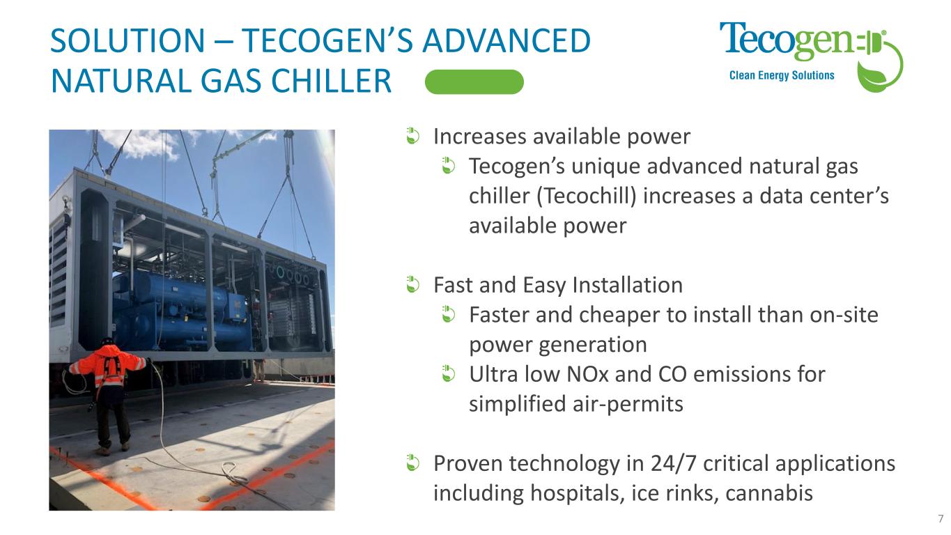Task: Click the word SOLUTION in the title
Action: pyautogui.click(x=127, y=41)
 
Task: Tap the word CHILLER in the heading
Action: pyautogui.click(x=331, y=81)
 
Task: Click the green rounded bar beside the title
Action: pyautogui.click(x=474, y=82)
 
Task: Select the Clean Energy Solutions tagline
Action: pyautogui.click(x=782, y=75)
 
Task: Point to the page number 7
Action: pyautogui.click(x=941, y=518)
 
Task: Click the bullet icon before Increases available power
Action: pyautogui.click(x=412, y=137)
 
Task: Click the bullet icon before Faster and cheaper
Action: pyautogui.click(x=449, y=315)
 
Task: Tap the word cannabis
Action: pyautogui.click(x=769, y=493)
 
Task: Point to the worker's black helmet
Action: pyautogui.click(x=107, y=341)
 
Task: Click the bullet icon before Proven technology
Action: pyautogui.click(x=412, y=463)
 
